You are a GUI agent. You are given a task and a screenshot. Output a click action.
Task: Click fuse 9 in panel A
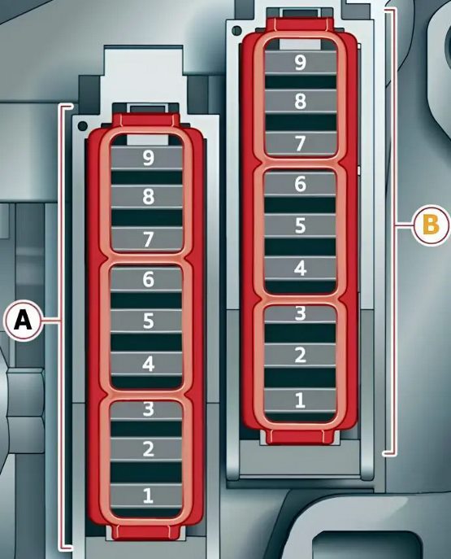(x=147, y=158)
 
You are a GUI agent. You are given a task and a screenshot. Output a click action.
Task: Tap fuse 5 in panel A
(x=146, y=321)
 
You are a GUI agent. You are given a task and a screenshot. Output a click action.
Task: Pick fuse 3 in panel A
(x=146, y=409)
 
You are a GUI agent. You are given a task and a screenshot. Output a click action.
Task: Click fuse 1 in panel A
(x=146, y=496)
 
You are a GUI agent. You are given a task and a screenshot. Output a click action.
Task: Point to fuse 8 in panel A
(x=147, y=196)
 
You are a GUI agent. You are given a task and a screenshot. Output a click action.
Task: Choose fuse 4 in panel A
(x=146, y=364)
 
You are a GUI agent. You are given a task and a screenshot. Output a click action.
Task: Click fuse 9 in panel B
(x=301, y=63)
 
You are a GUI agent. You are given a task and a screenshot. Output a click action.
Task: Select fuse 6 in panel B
(x=301, y=184)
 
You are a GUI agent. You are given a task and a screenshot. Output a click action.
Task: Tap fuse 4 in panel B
(x=301, y=268)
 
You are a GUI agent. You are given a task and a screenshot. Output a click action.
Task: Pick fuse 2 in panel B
(x=301, y=355)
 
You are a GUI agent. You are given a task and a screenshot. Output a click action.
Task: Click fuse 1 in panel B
(x=301, y=400)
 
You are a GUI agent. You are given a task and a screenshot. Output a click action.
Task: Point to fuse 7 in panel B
(x=301, y=143)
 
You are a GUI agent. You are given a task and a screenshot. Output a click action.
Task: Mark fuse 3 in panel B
(x=301, y=314)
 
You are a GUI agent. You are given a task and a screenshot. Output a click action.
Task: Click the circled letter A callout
(x=23, y=321)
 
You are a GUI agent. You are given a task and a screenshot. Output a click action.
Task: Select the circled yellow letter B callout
(x=431, y=225)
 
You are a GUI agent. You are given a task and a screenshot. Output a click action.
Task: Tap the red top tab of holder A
(x=146, y=120)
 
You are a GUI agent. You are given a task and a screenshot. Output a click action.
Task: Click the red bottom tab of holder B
(x=301, y=437)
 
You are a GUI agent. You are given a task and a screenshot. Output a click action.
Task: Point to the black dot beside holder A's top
(x=83, y=126)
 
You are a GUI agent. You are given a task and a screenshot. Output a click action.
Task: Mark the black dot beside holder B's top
(x=236, y=30)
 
